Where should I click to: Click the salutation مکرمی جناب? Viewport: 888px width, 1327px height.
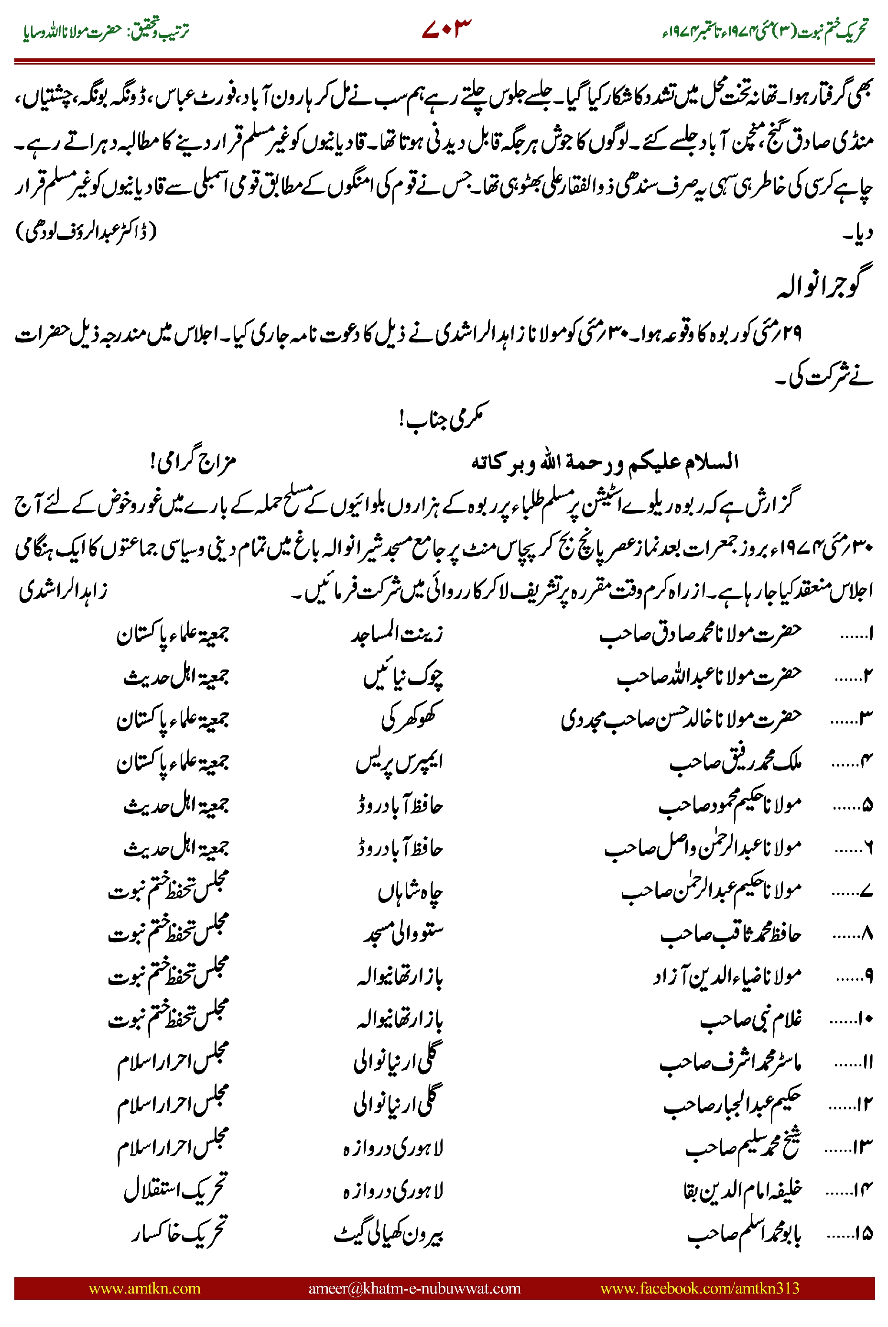(x=444, y=417)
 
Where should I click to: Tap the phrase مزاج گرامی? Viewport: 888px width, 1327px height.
(x=193, y=462)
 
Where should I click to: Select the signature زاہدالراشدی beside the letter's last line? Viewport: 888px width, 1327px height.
(x=63, y=591)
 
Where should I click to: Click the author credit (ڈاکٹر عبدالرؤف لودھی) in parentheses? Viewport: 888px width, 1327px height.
(x=86, y=231)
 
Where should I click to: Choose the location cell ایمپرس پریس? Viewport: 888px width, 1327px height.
(x=399, y=762)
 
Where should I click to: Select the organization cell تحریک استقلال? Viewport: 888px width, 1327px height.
(x=175, y=1190)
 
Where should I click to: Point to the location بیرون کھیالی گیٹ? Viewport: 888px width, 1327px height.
(x=389, y=1233)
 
